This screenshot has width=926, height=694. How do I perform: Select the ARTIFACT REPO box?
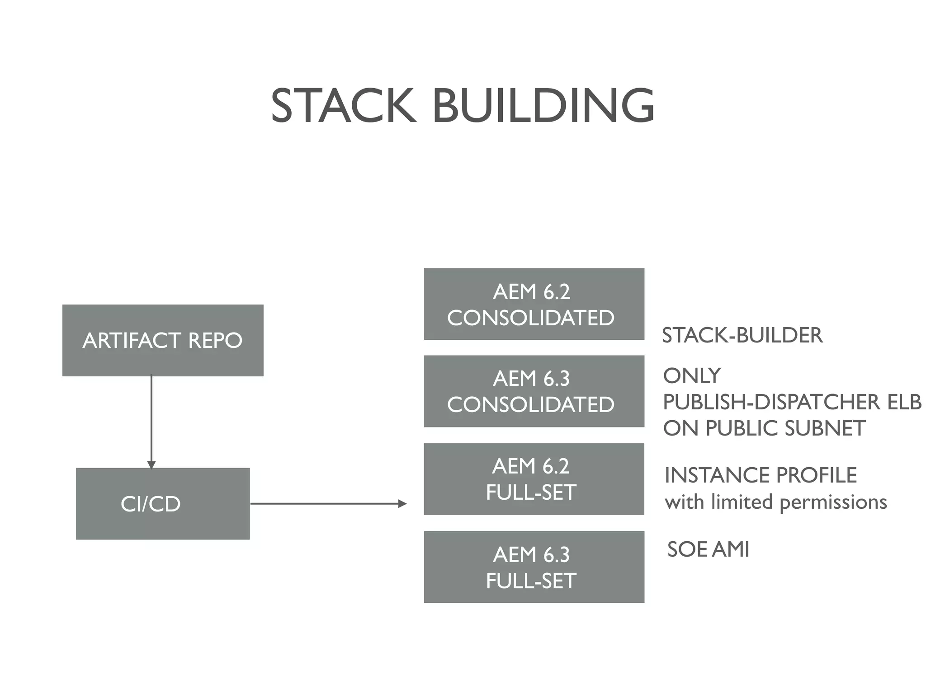point(163,340)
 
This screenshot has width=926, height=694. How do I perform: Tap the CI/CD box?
point(163,503)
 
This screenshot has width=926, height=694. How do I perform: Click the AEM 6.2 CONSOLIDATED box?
point(534,304)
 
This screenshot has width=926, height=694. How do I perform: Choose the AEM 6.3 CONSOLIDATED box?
point(534,391)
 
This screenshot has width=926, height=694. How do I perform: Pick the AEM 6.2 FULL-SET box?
point(534,479)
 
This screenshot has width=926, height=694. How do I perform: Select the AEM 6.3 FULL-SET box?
point(534,567)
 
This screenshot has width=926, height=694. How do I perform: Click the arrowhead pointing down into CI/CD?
point(151,464)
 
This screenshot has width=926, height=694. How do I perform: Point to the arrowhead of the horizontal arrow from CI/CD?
point(402,503)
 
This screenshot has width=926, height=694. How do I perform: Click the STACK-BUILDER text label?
point(742,335)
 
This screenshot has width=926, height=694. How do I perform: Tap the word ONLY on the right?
point(692,376)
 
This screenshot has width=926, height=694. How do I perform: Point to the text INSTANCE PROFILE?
point(761,475)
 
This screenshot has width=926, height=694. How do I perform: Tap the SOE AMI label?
point(708,549)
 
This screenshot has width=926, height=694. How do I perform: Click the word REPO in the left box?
point(215,340)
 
